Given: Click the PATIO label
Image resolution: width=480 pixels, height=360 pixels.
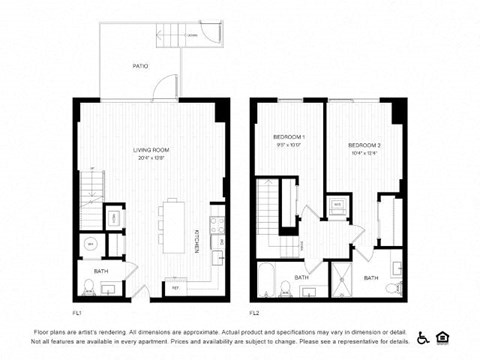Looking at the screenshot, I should (x=141, y=66).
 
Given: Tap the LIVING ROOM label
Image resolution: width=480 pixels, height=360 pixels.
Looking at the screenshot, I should (x=153, y=151).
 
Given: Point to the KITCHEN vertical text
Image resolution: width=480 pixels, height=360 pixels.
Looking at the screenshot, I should (x=196, y=240).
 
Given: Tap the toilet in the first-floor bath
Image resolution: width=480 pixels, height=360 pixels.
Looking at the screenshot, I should (x=89, y=287).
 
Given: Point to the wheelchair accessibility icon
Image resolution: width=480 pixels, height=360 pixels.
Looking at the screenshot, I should (x=423, y=337).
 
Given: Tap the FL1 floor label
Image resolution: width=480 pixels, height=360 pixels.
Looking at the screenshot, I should (x=77, y=311).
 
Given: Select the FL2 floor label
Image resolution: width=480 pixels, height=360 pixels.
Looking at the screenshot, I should (x=255, y=311).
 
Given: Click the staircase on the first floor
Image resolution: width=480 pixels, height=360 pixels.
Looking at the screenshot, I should (x=90, y=186).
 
